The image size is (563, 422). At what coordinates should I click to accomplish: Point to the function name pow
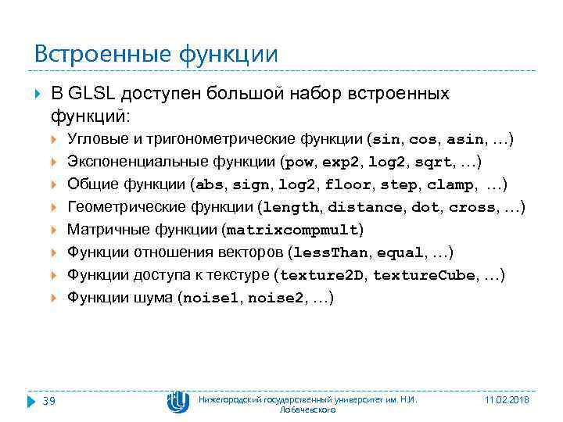click(301, 163)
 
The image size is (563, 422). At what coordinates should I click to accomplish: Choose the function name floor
click(349, 185)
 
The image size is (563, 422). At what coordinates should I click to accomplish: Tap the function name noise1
click(211, 298)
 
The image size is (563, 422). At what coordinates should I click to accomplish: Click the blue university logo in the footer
click(178, 402)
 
